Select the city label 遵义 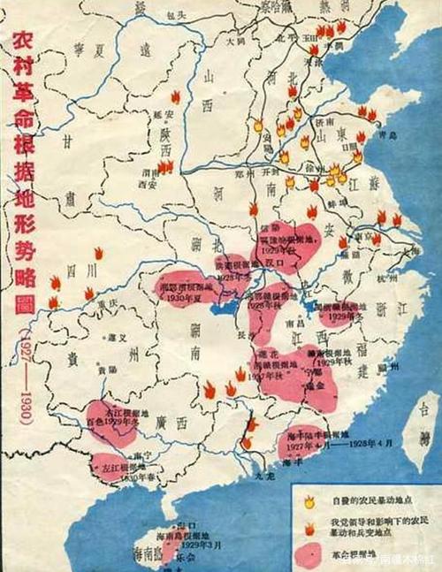click(x=113, y=339)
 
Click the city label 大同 click(x=234, y=41)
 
